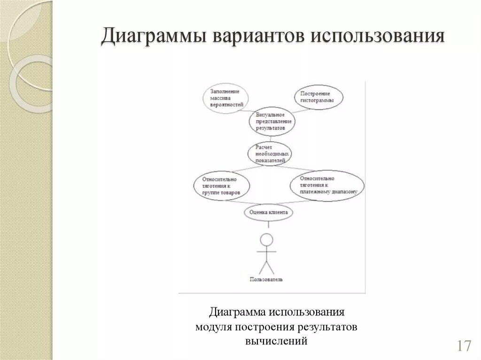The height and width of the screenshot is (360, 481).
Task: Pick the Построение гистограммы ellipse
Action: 318,97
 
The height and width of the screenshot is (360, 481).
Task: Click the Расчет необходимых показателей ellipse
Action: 270,153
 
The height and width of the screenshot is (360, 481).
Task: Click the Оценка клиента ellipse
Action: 269,213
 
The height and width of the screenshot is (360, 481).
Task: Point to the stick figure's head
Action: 267,239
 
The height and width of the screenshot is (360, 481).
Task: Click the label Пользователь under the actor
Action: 266,279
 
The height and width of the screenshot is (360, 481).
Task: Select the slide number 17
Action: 463,346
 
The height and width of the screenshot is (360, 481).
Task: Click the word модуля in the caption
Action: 212,326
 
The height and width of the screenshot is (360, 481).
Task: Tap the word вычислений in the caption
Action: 276,340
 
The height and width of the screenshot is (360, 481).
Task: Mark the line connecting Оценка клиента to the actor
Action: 268,226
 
